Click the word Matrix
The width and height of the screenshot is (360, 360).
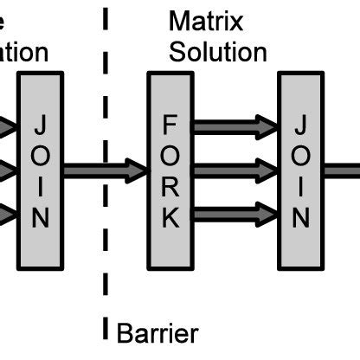coord(206,21)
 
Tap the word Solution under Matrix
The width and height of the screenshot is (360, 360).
coord(217,52)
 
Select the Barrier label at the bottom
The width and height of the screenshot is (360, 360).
coord(157,333)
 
